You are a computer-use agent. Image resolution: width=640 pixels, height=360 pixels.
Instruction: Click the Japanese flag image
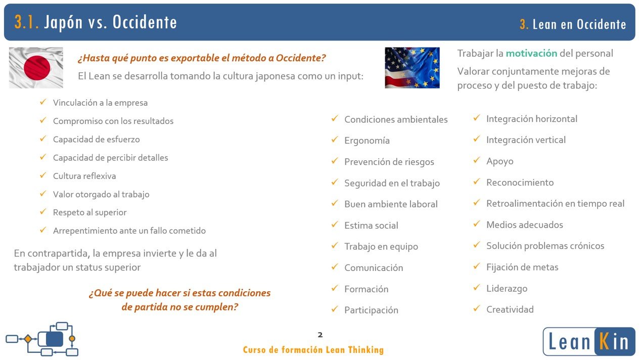pos(36,68)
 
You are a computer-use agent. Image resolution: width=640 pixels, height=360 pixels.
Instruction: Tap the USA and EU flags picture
pos(412,68)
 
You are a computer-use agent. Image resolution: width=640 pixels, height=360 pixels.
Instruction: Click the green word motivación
pos(531,54)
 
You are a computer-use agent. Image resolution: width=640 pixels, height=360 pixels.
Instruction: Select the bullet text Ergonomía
pos(367,141)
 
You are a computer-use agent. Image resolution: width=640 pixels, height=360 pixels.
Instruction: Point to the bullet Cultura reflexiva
pos(84,176)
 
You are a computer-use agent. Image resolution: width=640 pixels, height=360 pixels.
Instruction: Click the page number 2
pos(320,335)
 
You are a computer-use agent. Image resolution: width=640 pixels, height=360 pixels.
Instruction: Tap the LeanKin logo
pos(589,341)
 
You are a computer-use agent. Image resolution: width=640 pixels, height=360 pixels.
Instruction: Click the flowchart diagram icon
pos(42,339)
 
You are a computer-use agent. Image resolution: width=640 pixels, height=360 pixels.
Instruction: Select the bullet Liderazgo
pos(507,289)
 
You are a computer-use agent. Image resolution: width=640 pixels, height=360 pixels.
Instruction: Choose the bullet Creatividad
pos(510,309)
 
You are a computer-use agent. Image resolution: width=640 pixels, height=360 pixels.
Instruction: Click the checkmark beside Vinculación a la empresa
pos(43,102)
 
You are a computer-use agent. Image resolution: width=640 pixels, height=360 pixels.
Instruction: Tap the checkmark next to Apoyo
pos(477,160)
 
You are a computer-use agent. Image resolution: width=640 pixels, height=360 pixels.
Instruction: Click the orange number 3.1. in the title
pos(26,22)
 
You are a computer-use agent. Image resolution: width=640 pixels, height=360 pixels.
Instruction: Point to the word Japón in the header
pos(63,23)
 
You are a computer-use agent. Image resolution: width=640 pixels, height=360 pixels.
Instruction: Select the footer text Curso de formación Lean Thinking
pos(313,350)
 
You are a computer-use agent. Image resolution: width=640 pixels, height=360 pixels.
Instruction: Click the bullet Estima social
pos(371,226)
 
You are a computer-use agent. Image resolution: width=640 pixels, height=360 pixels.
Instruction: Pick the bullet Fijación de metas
pos(522,267)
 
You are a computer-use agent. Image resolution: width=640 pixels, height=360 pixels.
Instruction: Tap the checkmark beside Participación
pos(335,309)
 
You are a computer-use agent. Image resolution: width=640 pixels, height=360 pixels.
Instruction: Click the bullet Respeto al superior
pos(89,212)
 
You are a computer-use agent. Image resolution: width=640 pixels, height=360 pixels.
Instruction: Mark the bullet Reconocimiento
pos(520,183)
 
